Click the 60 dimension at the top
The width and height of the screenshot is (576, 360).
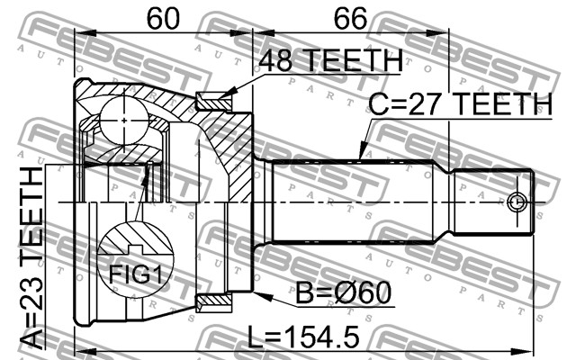click(x=163, y=18)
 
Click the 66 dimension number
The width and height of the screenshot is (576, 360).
click(x=350, y=18)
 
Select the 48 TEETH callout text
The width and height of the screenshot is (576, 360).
click(x=330, y=61)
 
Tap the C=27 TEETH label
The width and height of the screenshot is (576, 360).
click(x=460, y=104)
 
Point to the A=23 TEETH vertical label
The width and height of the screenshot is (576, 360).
click(x=31, y=258)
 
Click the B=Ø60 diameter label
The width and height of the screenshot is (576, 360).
click(x=344, y=293)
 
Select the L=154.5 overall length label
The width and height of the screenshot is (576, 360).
click(x=303, y=337)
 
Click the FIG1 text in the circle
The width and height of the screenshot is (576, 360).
click(x=136, y=274)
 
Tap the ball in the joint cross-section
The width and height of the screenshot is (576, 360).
click(x=124, y=121)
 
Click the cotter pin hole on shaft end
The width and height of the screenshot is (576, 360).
click(x=517, y=202)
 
